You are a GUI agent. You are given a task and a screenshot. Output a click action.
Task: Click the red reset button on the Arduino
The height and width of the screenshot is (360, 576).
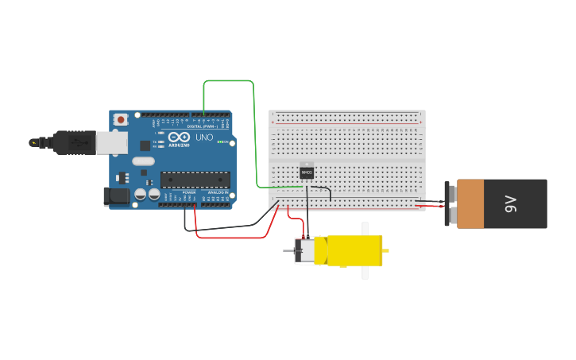pos(121,119)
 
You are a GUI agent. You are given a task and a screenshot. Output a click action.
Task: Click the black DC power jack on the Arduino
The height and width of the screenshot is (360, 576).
pos(116,195)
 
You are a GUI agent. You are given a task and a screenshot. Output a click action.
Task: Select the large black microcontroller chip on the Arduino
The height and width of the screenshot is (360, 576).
pos(195,180)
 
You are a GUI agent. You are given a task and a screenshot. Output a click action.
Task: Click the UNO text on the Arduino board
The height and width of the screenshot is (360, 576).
pos(204,137)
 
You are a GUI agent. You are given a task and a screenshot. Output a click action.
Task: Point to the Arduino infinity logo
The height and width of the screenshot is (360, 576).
pos(179,137)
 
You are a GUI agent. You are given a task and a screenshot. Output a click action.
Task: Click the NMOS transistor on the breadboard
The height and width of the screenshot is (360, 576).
pos(307,172)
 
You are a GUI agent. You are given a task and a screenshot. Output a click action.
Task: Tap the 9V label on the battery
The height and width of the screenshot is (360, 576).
pos(511,203)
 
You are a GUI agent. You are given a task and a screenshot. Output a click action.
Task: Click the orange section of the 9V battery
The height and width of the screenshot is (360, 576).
pos(470,203)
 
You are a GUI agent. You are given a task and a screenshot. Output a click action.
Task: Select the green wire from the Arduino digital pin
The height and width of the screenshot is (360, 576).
pos(254,127)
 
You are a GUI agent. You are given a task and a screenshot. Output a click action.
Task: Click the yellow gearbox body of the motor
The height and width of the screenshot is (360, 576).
pos(354,250)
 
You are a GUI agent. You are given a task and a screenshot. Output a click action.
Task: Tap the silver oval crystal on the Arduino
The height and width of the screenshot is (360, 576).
pos(143,161)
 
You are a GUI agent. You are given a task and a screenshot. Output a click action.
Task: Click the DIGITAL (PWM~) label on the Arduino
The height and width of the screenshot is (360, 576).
pos(205,126)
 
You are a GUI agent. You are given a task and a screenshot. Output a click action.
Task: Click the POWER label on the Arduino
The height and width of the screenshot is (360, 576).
pos(189,193)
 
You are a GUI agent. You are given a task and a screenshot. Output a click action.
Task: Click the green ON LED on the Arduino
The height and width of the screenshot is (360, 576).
pos(226,142)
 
